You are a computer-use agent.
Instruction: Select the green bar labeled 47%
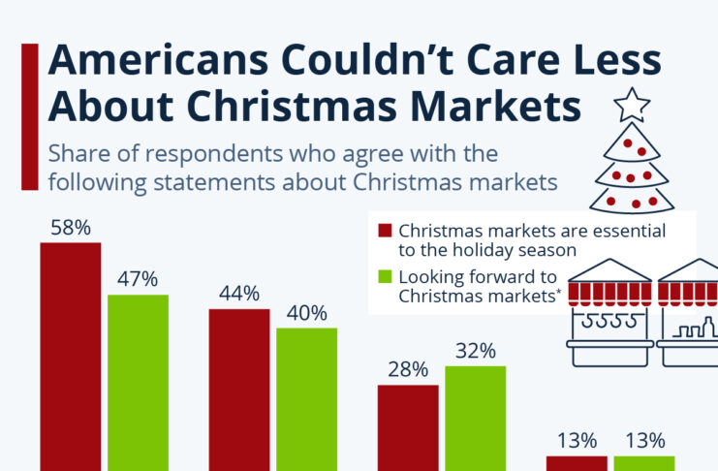[x=138, y=382]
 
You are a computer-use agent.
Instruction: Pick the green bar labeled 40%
[x=306, y=399]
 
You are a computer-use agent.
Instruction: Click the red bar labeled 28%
[x=408, y=427]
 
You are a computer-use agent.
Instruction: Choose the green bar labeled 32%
[x=475, y=418]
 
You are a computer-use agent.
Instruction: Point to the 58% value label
[x=71, y=228]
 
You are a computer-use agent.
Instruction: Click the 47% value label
[x=138, y=280]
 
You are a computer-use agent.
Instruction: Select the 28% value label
[x=408, y=369]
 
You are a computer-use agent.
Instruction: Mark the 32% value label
[x=475, y=350]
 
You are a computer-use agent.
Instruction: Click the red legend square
[x=385, y=231]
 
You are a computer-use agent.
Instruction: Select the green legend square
[x=385, y=275]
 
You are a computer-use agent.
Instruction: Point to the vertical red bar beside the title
[x=29, y=116]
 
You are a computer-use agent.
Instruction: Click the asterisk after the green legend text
[x=560, y=292]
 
